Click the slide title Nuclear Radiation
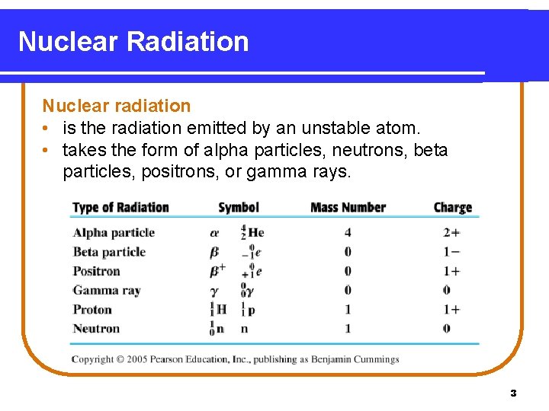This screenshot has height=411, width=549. click(x=133, y=41)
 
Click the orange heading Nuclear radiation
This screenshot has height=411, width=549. click(x=116, y=106)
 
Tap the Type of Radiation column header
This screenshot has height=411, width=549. click(x=120, y=207)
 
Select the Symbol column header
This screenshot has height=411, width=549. click(x=239, y=207)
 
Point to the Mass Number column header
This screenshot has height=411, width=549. click(x=348, y=207)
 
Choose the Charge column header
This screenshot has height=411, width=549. click(x=453, y=207)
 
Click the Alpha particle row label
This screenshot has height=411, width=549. click(x=114, y=233)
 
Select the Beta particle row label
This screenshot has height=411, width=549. click(x=109, y=252)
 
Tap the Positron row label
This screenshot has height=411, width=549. click(x=96, y=271)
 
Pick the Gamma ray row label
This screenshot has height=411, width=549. click(x=107, y=290)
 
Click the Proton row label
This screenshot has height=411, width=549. click(x=92, y=310)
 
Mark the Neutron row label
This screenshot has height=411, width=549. click(x=96, y=329)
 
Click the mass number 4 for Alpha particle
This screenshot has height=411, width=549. click(x=348, y=233)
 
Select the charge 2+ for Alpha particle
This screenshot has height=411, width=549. click(x=451, y=233)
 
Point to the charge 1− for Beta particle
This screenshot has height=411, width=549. click(x=451, y=252)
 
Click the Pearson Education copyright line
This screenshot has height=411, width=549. click(x=236, y=359)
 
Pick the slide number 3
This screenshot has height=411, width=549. click(x=513, y=393)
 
